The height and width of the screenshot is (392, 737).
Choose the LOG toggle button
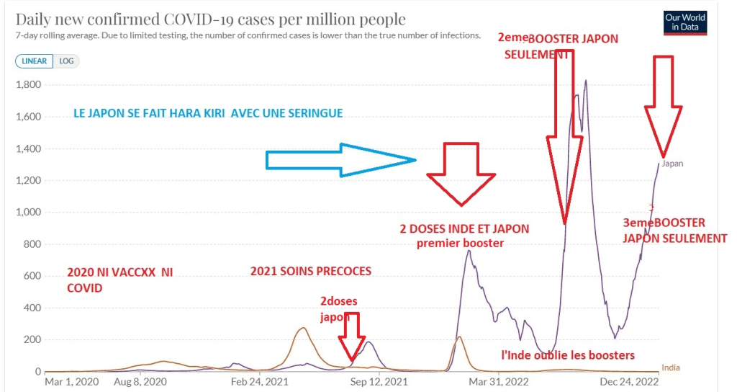66,61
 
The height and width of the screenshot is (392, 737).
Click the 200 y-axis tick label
33,340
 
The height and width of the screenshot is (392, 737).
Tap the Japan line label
672,164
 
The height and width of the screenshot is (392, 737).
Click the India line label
670,368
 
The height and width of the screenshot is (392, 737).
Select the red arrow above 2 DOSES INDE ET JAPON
461,173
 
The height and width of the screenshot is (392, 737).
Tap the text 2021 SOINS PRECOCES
311,272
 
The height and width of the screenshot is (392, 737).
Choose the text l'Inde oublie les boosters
568,355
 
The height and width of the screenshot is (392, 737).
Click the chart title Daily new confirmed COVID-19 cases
210,19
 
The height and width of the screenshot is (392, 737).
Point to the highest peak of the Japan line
586,80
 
